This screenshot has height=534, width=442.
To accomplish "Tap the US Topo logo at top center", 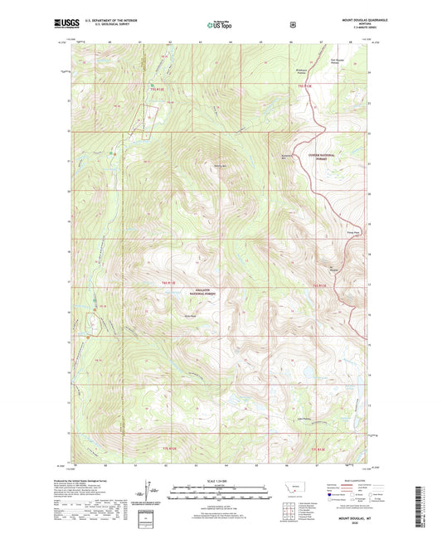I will pyautogui.click(x=220, y=25).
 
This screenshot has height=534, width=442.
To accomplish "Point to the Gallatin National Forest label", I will pyautogui.click(x=202, y=293).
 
